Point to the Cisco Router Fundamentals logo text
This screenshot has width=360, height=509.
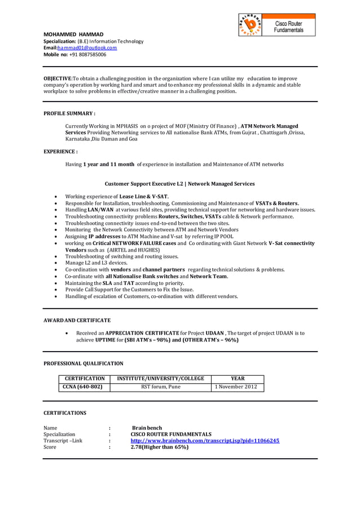[288, 27]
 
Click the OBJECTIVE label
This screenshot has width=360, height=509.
[58, 78]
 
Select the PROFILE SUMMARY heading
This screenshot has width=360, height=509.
[69, 113]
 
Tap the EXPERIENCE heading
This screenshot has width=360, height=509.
[60, 152]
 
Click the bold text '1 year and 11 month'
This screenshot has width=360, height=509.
[108, 164]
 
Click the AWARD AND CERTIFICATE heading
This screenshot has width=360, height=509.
[77, 320]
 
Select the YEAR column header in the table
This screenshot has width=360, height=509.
[238, 379]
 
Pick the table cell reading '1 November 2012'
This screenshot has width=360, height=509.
[238, 387]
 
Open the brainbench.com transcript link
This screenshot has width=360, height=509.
[205, 440]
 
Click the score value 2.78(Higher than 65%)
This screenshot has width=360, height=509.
[159, 447]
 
